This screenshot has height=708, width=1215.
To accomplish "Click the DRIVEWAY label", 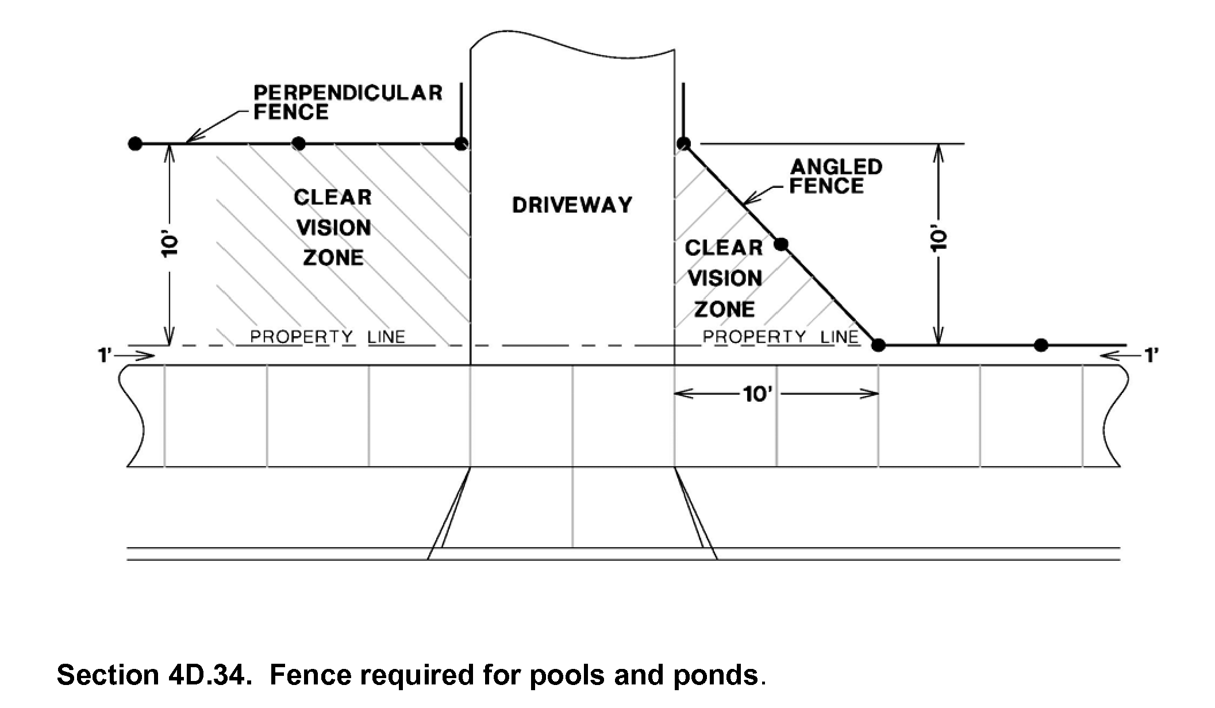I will pyautogui.click(x=572, y=205).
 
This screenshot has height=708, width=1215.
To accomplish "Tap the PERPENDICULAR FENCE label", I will pyautogui.click(x=348, y=102).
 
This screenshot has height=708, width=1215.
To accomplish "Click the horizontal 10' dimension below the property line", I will pyautogui.click(x=756, y=394).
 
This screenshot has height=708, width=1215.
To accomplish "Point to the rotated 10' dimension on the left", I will pyautogui.click(x=171, y=245).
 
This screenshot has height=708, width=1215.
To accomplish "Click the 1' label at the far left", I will pyautogui.click(x=104, y=356).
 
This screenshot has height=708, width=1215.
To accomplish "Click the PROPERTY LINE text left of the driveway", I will pyautogui.click(x=328, y=337).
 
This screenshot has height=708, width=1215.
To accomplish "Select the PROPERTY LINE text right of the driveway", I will pyautogui.click(x=780, y=337).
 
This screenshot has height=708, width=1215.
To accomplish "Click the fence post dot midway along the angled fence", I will pyautogui.click(x=780, y=245).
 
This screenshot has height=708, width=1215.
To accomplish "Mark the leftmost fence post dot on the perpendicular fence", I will pyautogui.click(x=135, y=143).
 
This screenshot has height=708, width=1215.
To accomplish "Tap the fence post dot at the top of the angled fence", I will pyautogui.click(x=683, y=143).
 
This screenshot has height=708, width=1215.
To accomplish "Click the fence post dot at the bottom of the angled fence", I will pyautogui.click(x=878, y=345).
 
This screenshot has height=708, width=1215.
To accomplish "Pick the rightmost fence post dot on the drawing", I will pyautogui.click(x=1041, y=345).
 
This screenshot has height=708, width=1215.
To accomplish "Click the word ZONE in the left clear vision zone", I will pyautogui.click(x=333, y=258).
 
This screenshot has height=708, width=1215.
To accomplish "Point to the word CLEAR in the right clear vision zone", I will pyautogui.click(x=724, y=248).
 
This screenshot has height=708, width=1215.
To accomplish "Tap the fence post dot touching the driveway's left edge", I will pyautogui.click(x=460, y=144).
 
